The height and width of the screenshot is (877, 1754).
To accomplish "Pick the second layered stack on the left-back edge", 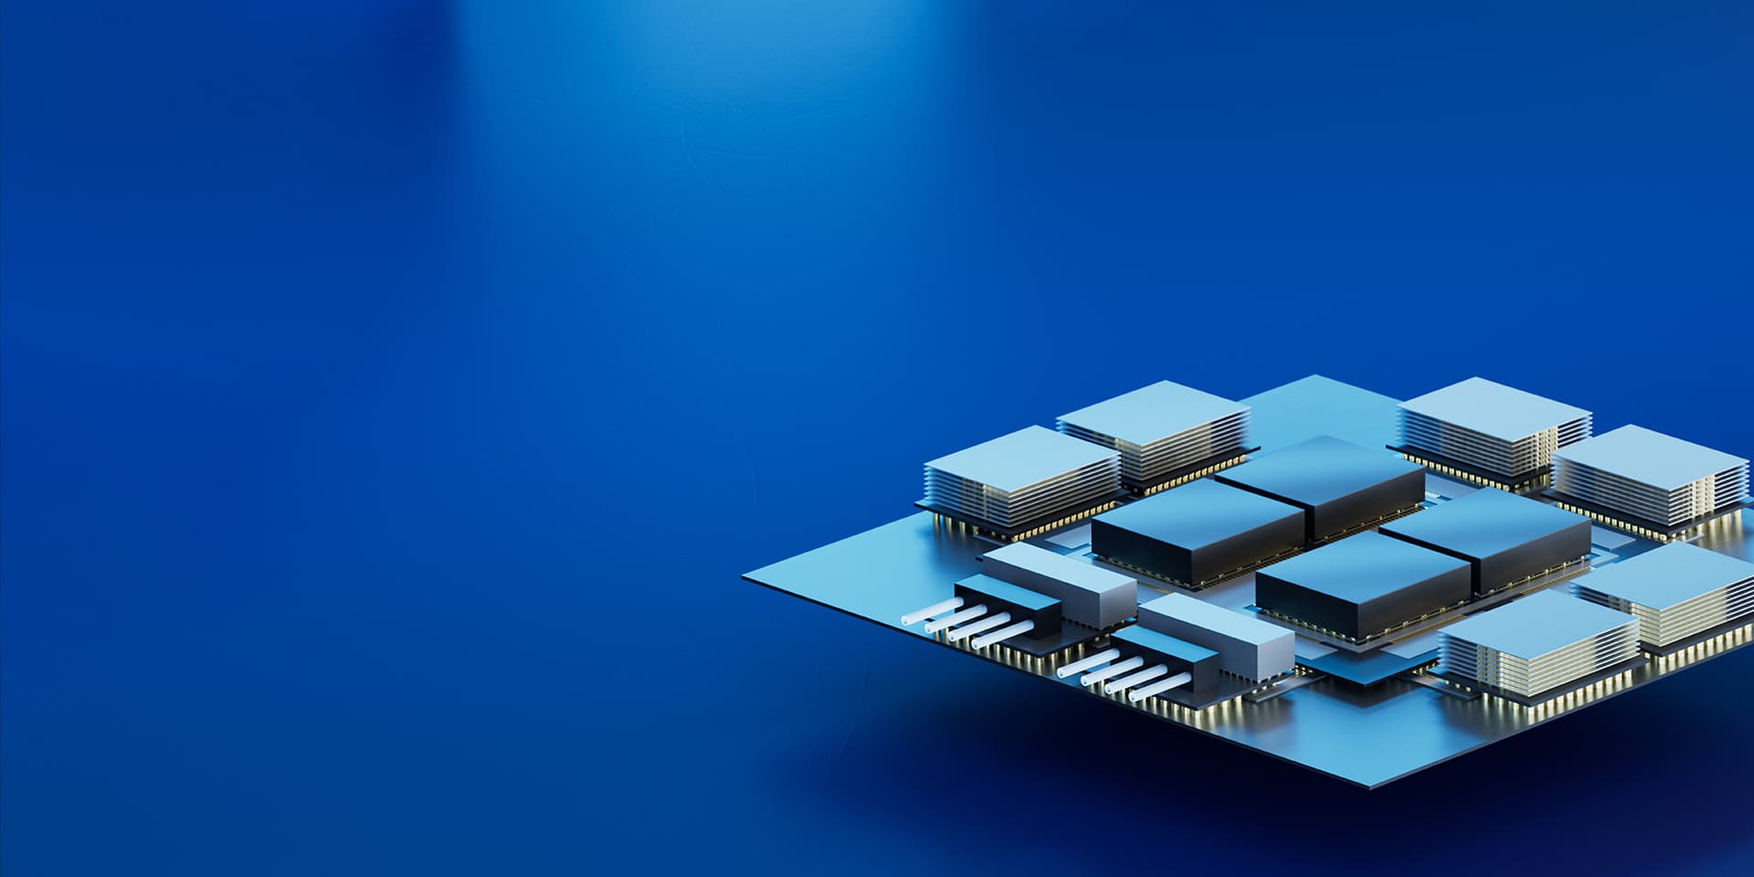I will pos(1153,407).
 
